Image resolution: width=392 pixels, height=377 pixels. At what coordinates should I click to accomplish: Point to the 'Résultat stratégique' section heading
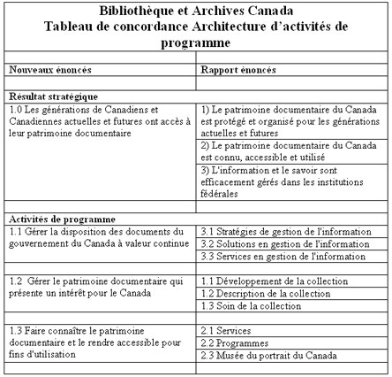click(53, 96)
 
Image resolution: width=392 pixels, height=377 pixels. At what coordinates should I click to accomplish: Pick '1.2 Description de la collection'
click(255, 293)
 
